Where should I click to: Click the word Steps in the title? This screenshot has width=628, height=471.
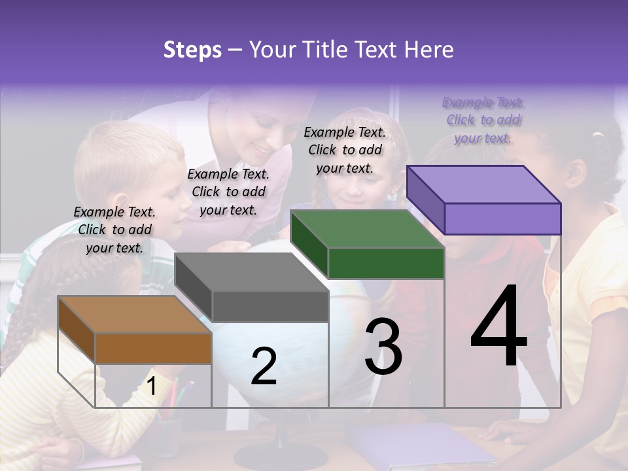coord(192,50)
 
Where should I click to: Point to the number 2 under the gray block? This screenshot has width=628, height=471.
coord(264,366)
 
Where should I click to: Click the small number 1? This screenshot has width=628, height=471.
coord(152,387)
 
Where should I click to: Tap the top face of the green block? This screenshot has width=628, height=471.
coord(367,229)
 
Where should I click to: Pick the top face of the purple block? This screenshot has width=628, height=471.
coord(483,184)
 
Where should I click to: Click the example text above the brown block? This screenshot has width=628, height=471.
coord(114,230)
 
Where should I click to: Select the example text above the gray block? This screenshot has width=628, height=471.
coord(228,192)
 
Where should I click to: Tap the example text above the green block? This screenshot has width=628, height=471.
coord(345,150)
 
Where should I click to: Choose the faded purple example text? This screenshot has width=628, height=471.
coord(483,120)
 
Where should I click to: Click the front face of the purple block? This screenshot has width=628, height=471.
coord(502,218)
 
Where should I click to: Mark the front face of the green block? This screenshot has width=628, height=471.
coord(386,263)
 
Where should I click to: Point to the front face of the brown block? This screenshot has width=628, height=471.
coord(153,348)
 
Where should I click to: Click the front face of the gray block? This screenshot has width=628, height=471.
coord(270,306)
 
